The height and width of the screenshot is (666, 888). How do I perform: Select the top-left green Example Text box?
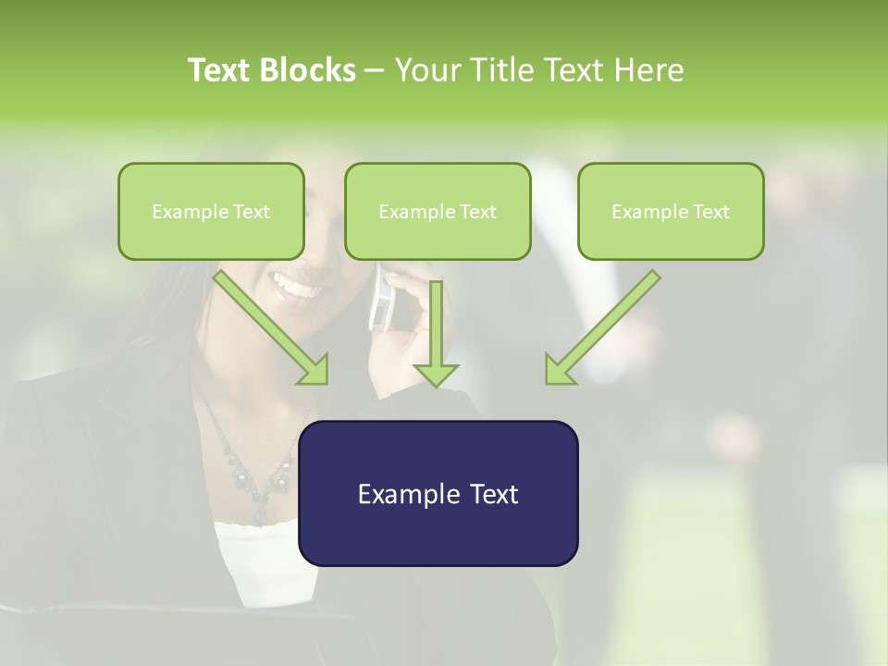click(211, 211)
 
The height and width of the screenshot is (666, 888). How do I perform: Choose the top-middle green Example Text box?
click(438, 211)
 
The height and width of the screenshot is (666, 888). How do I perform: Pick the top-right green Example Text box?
click(671, 211)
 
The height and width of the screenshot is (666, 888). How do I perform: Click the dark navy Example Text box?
click(438, 493)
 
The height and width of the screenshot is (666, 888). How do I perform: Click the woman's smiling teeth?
click(298, 289)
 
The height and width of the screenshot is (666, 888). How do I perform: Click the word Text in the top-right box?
click(710, 211)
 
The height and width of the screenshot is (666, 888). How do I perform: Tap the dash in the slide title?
click(375, 71)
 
